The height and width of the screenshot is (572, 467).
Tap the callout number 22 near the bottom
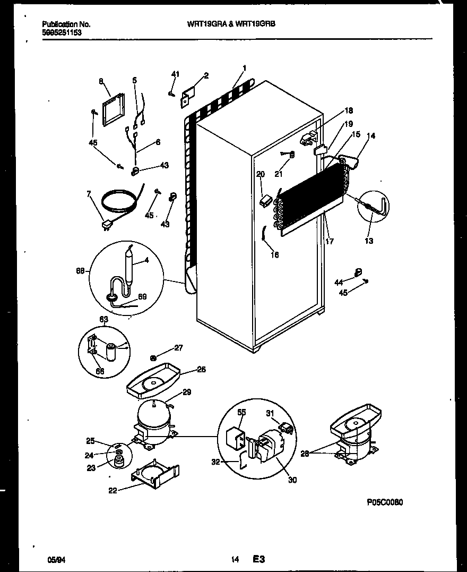tap(112, 490)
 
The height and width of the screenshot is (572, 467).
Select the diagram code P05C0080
tap(388, 501)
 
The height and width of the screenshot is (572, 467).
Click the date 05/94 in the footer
tap(55, 559)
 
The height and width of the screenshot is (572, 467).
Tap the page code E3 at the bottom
tap(258, 559)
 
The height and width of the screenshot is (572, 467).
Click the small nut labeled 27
tap(153, 357)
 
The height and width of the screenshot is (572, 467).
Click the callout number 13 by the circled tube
tap(369, 241)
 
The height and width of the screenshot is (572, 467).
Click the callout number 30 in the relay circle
tap(292, 480)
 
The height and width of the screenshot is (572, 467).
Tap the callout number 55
tap(241, 412)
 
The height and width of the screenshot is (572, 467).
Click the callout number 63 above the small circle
tap(103, 320)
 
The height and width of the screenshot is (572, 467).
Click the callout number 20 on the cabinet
tap(260, 174)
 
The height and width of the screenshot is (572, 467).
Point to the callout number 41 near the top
tap(175, 74)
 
